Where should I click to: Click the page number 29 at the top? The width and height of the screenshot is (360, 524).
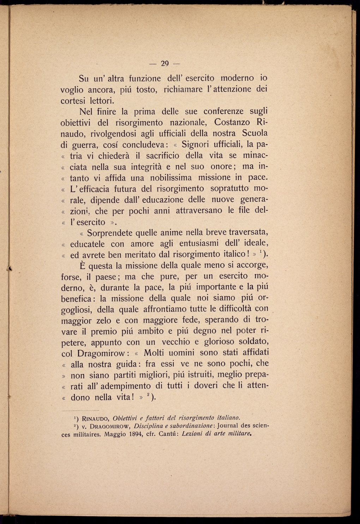click(x=165, y=64)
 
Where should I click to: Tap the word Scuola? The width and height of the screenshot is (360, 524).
click(x=255, y=133)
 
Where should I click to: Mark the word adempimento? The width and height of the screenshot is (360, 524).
click(x=121, y=386)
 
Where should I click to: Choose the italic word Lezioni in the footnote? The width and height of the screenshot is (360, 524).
click(x=193, y=434)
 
